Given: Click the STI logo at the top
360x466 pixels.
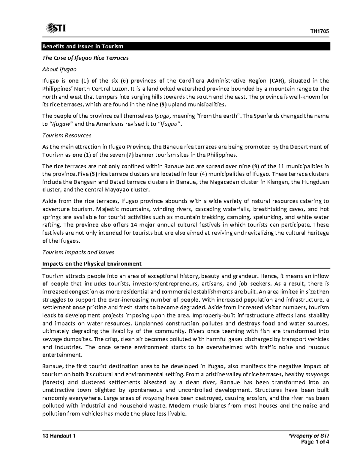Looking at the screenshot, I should pos(56,29).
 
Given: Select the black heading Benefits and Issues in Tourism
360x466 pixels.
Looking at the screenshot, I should pos(83,47).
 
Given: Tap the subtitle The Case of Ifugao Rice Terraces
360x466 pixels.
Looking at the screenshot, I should pos(85,58).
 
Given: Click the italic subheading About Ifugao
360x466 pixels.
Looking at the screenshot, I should pos(59,69).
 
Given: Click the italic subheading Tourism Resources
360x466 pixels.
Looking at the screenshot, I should pos(67,135).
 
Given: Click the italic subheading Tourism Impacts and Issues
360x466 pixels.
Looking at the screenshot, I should pos(78,252).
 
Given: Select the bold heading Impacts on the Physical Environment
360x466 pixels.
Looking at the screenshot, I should pos(92,264).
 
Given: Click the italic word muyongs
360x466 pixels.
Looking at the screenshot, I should pos(317,374).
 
